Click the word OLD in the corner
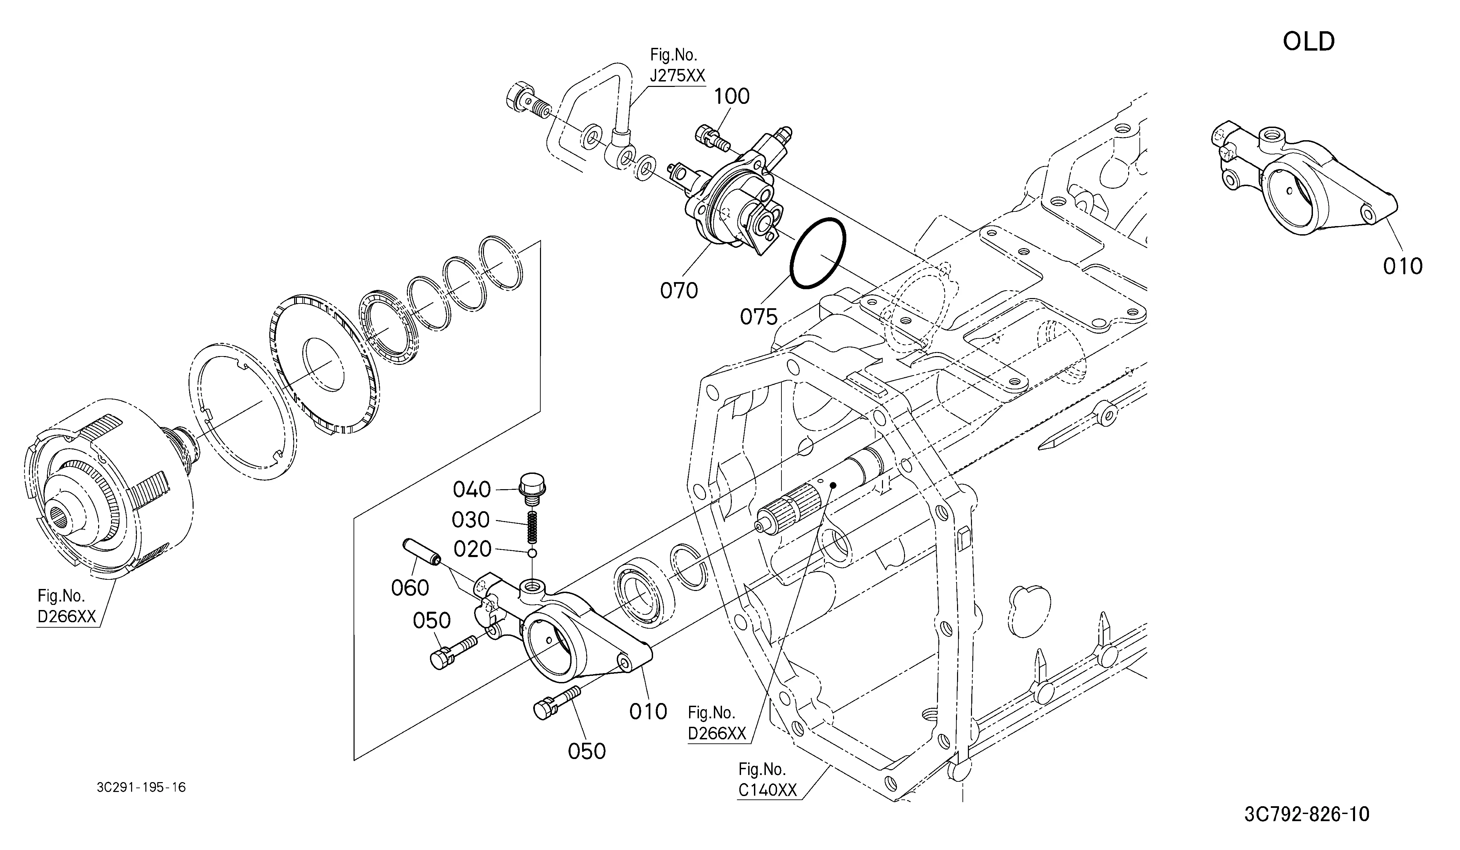pyautogui.click(x=1309, y=42)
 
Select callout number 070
pyautogui.click(x=679, y=290)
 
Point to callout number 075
pyautogui.click(x=759, y=317)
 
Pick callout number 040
pyautogui.click(x=472, y=490)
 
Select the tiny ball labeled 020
pyautogui.click(x=533, y=553)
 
